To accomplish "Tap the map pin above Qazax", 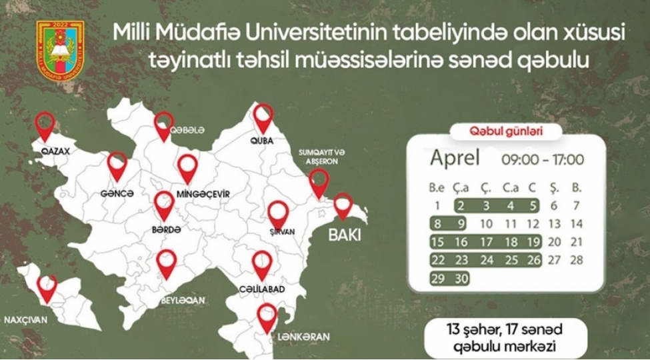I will [45, 125].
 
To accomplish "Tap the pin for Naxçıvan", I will [47, 288].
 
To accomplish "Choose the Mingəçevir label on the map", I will [203, 194].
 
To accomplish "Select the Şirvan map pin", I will [278, 213].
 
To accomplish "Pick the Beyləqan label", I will [183, 301].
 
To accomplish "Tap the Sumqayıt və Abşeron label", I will [319, 157].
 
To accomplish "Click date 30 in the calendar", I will [461, 279].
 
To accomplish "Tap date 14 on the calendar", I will [577, 224].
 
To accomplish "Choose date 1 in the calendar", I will [437, 206].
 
